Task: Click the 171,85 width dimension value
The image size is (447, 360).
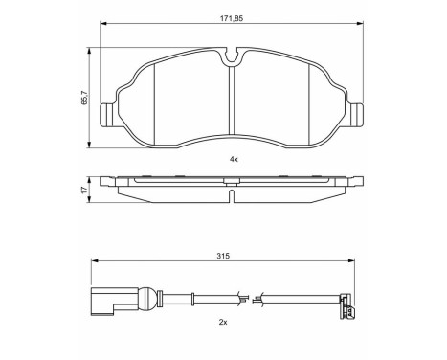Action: tap(232, 18)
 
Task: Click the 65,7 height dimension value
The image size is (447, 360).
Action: tap(84, 98)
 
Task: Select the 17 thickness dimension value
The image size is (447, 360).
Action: tap(84, 190)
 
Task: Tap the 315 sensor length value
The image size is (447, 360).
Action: tap(223, 256)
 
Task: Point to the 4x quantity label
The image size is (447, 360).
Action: tap(234, 159)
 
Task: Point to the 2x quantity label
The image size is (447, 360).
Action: tap(223, 323)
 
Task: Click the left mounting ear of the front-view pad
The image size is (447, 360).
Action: tap(107, 115)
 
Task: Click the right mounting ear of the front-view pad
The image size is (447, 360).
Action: tap(356, 115)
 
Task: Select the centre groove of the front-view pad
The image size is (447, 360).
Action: tap(232, 101)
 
